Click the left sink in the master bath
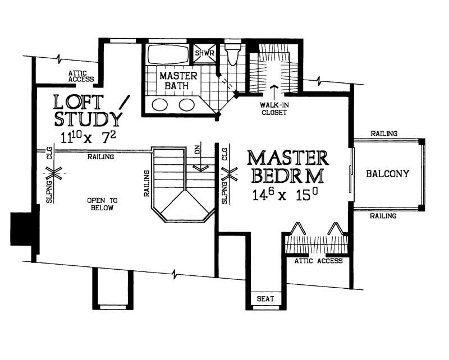point(161,104)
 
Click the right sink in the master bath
point(187,104)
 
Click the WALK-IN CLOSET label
point(273,108)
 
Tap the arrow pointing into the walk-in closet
point(274,91)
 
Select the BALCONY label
point(387,173)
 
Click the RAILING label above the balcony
point(384,133)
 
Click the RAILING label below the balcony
point(384,215)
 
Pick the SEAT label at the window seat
point(265,299)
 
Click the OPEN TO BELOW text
point(100,204)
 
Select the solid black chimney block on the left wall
point(21,228)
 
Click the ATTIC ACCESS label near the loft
point(81,76)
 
